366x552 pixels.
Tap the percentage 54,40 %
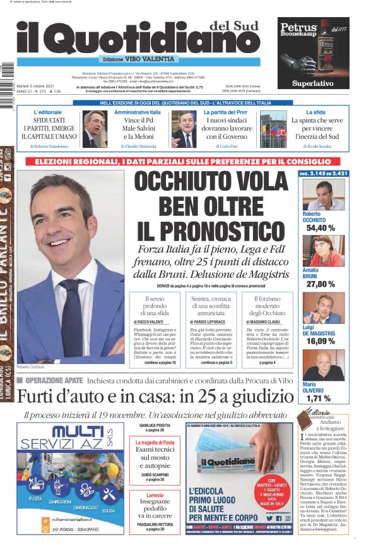coord(321,228)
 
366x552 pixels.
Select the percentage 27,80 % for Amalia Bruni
coord(321,284)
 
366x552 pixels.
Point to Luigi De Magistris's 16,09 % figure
coord(321,341)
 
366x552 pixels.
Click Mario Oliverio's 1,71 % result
coord(318,398)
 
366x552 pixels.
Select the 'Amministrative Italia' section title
coord(138,112)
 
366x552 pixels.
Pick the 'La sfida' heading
coord(316,112)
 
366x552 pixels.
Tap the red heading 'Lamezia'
coord(155,495)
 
